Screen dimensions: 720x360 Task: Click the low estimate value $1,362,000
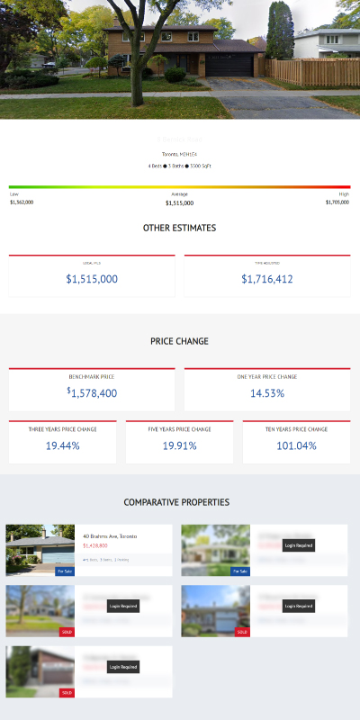click(x=22, y=202)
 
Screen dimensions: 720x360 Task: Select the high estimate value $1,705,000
click(x=337, y=202)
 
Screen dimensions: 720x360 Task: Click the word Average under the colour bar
click(x=179, y=194)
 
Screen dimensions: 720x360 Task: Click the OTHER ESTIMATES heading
click(x=179, y=229)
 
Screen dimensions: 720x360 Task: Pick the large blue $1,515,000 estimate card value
click(x=92, y=279)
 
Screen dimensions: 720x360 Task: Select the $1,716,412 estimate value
click(x=267, y=279)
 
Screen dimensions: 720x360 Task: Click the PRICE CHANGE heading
click(x=179, y=341)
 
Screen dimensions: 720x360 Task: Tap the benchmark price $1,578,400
click(x=92, y=393)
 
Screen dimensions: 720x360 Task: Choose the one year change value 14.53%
click(x=267, y=393)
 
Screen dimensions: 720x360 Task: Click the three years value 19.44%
click(x=63, y=445)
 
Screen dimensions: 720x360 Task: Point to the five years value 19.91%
click(x=179, y=445)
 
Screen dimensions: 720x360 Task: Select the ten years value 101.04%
click(x=296, y=445)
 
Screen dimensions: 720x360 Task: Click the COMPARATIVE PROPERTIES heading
click(x=176, y=502)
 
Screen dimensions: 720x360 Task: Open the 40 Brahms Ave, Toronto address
click(x=110, y=535)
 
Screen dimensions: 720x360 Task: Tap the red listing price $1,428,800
click(x=95, y=545)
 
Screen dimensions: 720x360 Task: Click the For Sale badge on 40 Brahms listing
click(x=65, y=571)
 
